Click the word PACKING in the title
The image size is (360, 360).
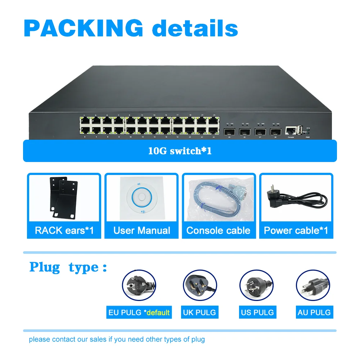pos(84,27)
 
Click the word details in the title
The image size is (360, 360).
pos(195,27)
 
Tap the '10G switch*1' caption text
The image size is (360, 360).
pos(180,150)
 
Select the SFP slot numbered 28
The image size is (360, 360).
pos(276,132)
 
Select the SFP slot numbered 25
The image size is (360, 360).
pos(229,132)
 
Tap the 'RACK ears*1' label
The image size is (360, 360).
pos(64,230)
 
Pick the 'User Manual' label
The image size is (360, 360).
pos(141,230)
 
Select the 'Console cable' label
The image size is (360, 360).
pos(219,230)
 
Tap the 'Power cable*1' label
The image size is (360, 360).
pos(296,230)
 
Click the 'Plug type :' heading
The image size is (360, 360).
pos(68,267)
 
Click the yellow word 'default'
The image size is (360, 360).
pos(158,312)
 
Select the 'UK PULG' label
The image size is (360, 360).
pos(199,312)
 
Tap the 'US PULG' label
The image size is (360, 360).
pos(257,312)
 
